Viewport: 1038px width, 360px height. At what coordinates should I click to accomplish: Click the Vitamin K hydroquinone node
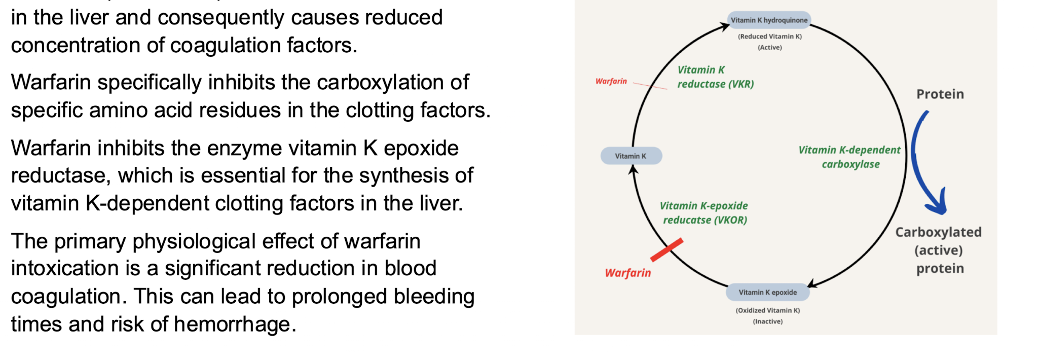pyautogui.click(x=769, y=20)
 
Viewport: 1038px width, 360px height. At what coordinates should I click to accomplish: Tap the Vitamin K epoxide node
pyautogui.click(x=767, y=293)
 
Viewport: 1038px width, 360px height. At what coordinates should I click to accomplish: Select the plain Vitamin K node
pyautogui.click(x=631, y=156)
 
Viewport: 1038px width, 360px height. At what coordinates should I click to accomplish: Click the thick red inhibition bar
pyautogui.click(x=666, y=250)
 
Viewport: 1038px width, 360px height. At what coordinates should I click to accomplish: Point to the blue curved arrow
pyautogui.click(x=922, y=162)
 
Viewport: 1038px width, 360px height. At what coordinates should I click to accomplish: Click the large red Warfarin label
pyautogui.click(x=627, y=273)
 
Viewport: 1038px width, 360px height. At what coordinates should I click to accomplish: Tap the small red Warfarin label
pyautogui.click(x=611, y=81)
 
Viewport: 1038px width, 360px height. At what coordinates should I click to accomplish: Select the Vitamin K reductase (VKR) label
pyautogui.click(x=715, y=77)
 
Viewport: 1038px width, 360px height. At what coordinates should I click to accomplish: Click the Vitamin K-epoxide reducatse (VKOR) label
pyautogui.click(x=705, y=213)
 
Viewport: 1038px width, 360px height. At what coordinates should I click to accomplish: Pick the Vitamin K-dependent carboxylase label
pyautogui.click(x=850, y=157)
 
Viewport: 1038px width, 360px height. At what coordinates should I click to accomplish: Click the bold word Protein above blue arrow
pyautogui.click(x=940, y=94)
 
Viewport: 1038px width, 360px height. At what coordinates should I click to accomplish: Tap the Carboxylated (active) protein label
pyautogui.click(x=939, y=250)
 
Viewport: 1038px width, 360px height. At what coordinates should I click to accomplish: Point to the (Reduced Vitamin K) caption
pyautogui.click(x=769, y=37)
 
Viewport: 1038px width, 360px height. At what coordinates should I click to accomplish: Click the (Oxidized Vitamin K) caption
pyautogui.click(x=767, y=310)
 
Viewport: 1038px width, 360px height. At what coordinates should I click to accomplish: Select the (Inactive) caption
pyautogui.click(x=767, y=321)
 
